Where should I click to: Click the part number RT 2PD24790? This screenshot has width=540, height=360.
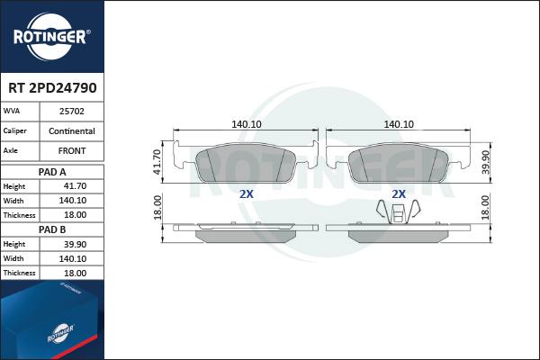pyautogui.click(x=52, y=88)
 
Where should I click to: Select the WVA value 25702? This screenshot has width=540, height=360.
pyautogui.click(x=72, y=112)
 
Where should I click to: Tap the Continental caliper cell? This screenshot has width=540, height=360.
pyautogui.click(x=72, y=131)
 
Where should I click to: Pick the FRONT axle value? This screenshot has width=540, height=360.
pyautogui.click(x=72, y=151)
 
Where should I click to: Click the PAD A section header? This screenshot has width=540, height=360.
pyautogui.click(x=52, y=172)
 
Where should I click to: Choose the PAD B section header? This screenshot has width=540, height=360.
pyautogui.click(x=52, y=229)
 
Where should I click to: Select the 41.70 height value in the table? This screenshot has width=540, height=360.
pyautogui.click(x=75, y=186)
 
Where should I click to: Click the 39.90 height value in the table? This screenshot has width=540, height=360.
pyautogui.click(x=75, y=244)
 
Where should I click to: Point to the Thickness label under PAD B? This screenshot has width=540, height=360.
pyautogui.click(x=19, y=273)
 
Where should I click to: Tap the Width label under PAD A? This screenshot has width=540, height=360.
pyautogui.click(x=13, y=201)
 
